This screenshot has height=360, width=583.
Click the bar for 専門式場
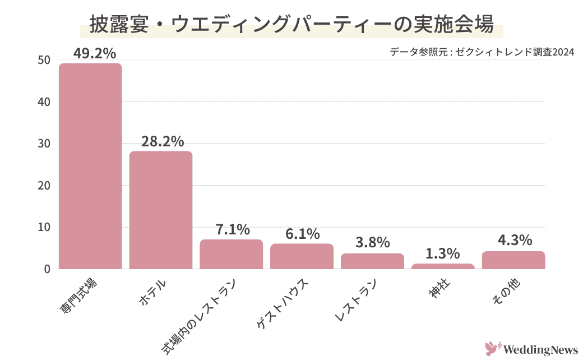coord(90,166)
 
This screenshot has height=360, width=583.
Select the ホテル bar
coord(161,210)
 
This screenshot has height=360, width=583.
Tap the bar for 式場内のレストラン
coord(232,254)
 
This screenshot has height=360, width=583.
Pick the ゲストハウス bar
coord(302,256)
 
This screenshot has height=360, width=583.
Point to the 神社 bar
coord(443,266)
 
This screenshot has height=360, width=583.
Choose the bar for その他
coord(513,260)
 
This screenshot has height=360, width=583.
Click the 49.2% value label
coord(95,53)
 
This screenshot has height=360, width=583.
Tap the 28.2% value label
coord(163,142)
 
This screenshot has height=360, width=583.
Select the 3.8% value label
coord(372,243)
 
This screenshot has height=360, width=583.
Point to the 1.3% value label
coord(443,253)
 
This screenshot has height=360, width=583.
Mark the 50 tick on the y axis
coord(44,61)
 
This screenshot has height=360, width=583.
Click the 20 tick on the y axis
coord(44,186)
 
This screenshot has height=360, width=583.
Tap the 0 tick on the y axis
coord(47,269)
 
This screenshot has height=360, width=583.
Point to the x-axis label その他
coord(506,292)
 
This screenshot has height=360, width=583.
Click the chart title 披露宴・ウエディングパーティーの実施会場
coord(291,25)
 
